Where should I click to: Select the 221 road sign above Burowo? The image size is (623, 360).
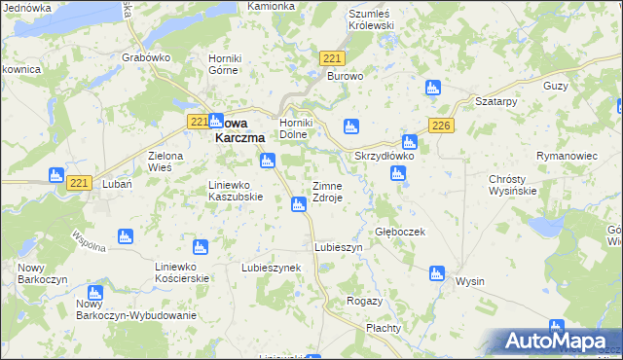coord(330,60)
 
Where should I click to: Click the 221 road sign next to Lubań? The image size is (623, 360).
coord(81,182)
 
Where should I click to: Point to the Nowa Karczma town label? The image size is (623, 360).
coord(239,130)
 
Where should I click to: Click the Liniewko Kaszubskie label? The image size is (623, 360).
coord(237,190)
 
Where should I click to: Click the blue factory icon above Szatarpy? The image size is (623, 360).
coord(432,89)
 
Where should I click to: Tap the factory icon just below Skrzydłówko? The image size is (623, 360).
coord(397,173)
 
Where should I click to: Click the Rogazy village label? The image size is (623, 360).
coord(364,302)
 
